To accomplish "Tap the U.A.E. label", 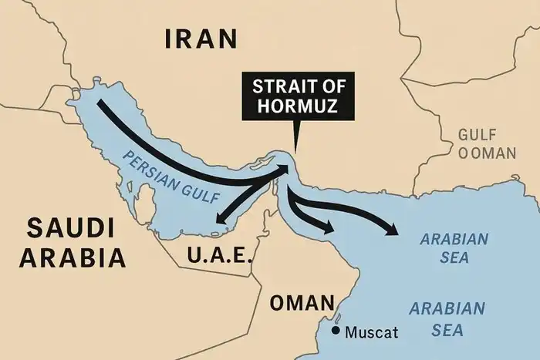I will (220, 254).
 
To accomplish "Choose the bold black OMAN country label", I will (302, 303).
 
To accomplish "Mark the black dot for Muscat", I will (336, 331).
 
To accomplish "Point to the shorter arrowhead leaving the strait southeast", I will (329, 227).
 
